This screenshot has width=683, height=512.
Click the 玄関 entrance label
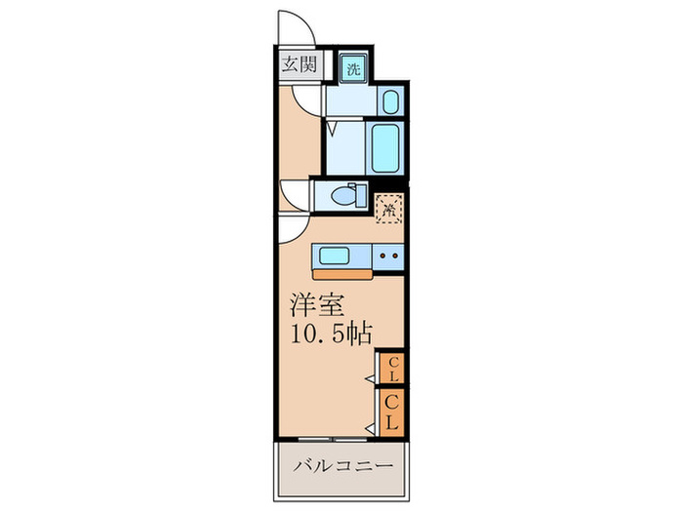click(299, 64)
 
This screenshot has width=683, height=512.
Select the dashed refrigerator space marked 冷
click(389, 209)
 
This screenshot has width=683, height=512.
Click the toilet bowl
click(349, 195)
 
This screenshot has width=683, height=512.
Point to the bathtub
click(385, 147)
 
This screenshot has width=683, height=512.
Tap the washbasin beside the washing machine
click(390, 101)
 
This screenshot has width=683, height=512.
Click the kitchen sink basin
click(334, 256)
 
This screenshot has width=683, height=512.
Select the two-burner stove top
click(388, 256)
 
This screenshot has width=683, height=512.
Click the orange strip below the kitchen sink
click(342, 274)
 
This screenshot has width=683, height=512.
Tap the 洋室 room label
click(317, 304)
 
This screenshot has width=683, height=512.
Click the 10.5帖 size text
click(332, 334)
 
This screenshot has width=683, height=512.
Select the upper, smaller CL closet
click(392, 369)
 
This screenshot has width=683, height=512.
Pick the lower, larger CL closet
click(392, 413)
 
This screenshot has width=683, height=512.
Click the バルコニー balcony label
click(342, 466)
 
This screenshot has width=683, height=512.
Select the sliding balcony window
click(333, 440)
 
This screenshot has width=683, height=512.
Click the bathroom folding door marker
click(333, 130)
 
